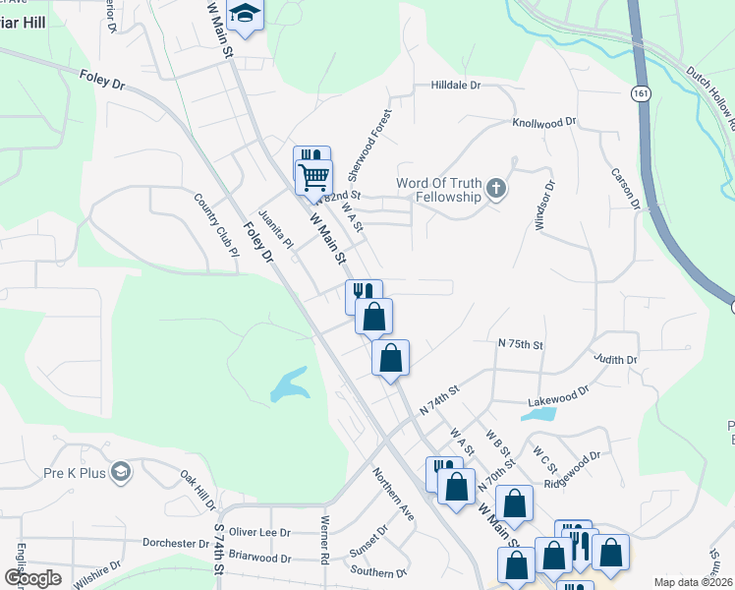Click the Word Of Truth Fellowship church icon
coord(497,189)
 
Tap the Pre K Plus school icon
coord(120,473)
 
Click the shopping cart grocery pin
coord(313,178)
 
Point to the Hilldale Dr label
coord(455,86)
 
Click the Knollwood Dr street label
coord(543,123)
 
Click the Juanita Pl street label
coord(275,229)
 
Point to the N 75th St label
coord(520,344)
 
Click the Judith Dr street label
coord(615,360)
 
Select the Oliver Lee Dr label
coord(259,531)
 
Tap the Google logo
coord(31,578)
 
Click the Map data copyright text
coord(693,582)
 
